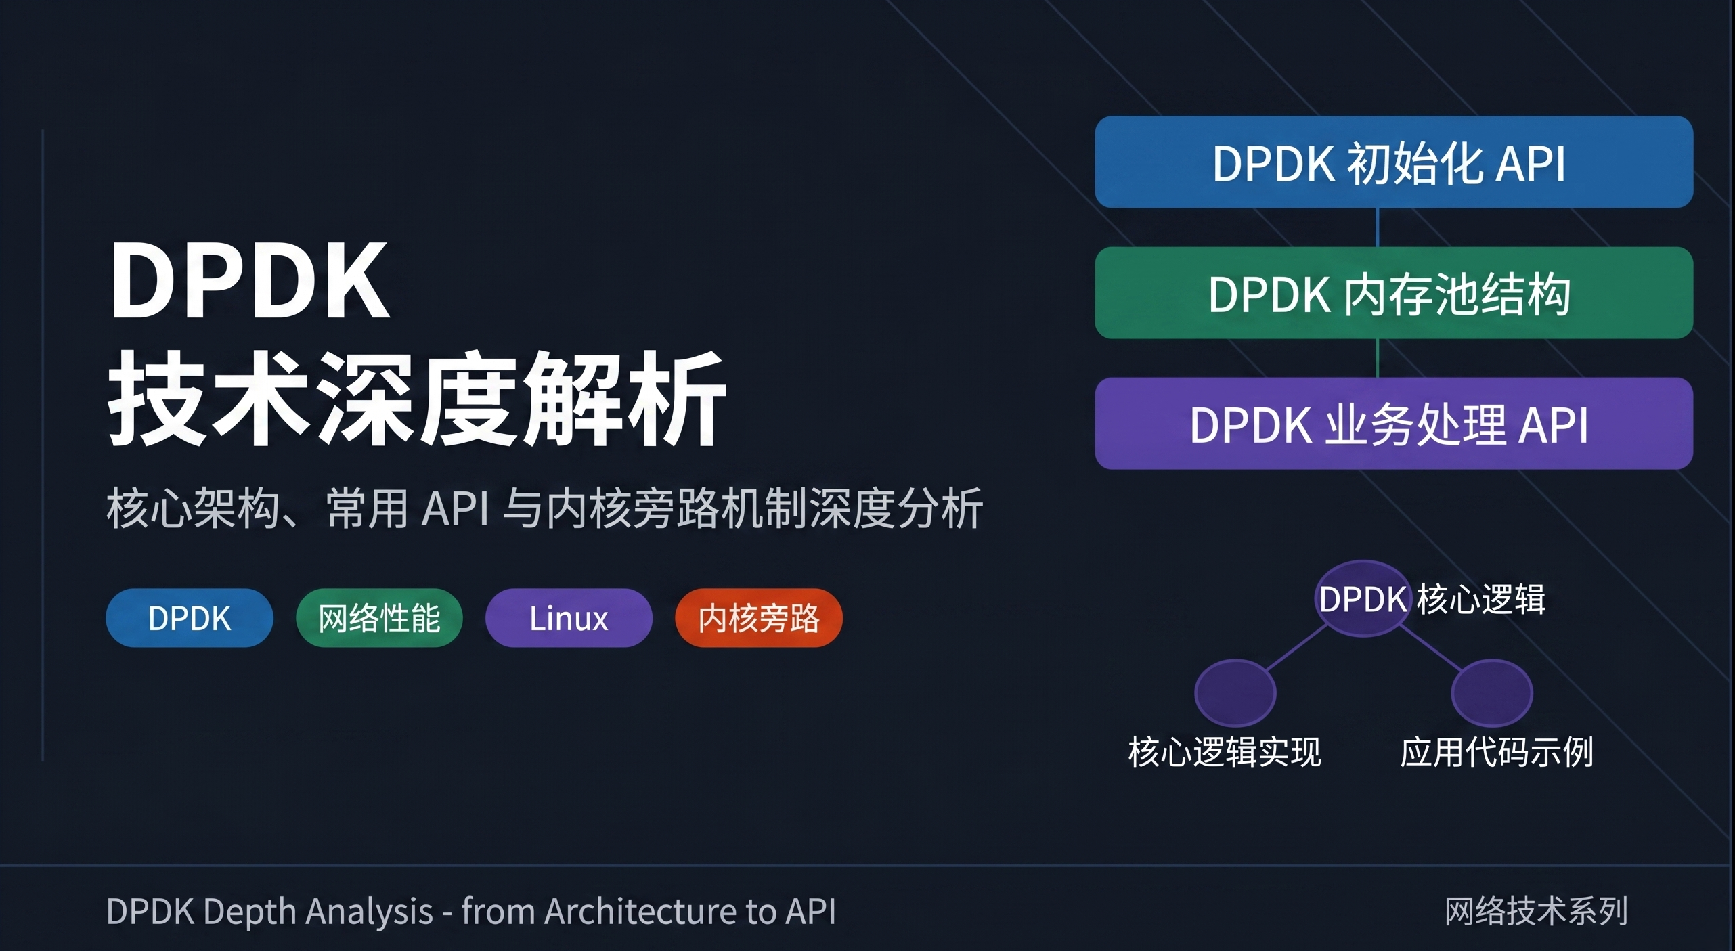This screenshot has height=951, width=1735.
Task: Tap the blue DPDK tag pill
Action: point(190,618)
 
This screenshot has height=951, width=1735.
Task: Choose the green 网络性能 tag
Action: point(379,618)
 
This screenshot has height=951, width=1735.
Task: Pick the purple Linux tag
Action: point(569,618)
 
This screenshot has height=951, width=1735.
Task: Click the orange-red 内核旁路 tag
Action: point(758,618)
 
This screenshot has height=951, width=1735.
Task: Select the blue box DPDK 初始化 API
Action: point(1393,162)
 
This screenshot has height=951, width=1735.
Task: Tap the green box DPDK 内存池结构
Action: point(1393,293)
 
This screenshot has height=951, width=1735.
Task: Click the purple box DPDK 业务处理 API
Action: point(1393,424)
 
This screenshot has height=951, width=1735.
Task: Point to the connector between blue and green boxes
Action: point(1378,227)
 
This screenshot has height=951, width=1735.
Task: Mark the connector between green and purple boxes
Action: point(1378,358)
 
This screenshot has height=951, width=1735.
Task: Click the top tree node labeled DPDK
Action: point(1363,599)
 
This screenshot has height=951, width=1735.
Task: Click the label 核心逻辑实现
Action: point(1224,752)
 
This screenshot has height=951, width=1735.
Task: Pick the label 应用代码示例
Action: point(1496,752)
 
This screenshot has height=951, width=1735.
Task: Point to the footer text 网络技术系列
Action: point(1536,911)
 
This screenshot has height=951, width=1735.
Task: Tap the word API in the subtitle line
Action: point(455,508)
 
